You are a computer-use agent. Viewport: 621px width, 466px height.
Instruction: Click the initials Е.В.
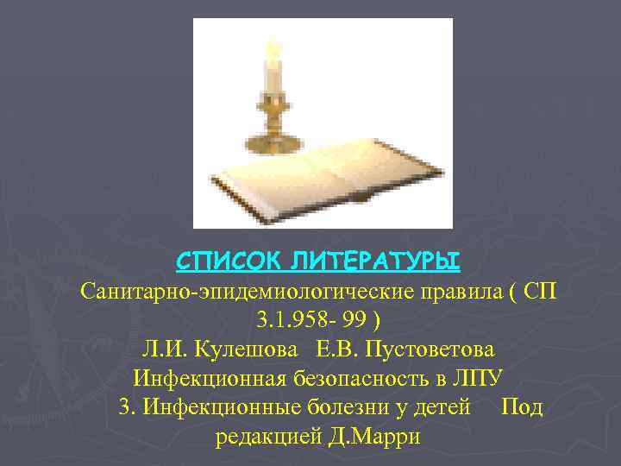pos(338,350)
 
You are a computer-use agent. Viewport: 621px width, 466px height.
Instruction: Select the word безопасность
pos(355,379)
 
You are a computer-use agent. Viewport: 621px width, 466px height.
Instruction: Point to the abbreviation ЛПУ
pos(479,379)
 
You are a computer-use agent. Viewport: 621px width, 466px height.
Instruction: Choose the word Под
pos(522,407)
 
